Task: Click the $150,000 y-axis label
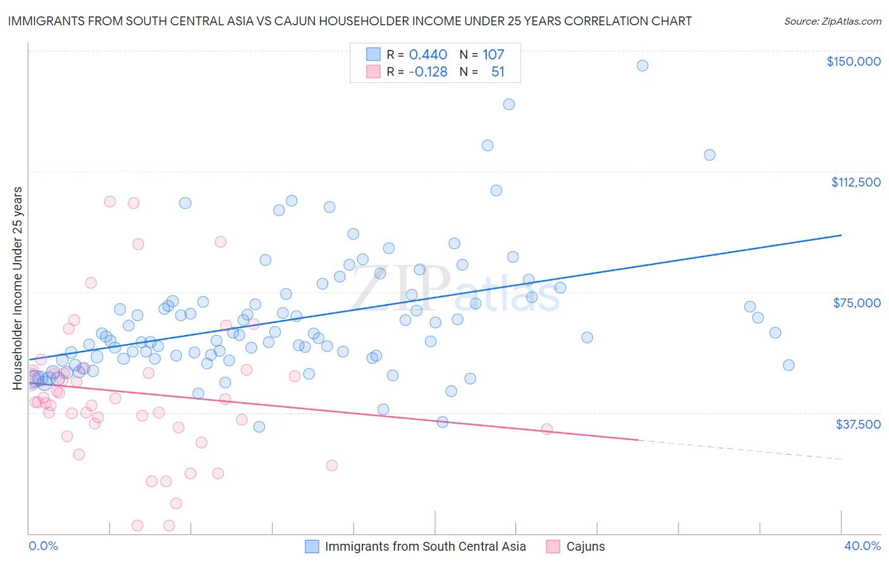pyautogui.click(x=853, y=61)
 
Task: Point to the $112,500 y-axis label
pyautogui.click(x=855, y=182)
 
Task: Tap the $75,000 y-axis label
pyautogui.click(x=857, y=303)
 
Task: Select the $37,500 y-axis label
pyautogui.click(x=858, y=424)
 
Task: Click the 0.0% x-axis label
pyautogui.click(x=43, y=546)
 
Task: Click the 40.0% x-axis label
pyautogui.click(x=862, y=546)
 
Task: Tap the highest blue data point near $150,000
pyautogui.click(x=642, y=66)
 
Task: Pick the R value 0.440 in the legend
pyautogui.click(x=428, y=55)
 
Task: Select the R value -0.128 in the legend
pyautogui.click(x=428, y=72)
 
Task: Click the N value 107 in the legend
pyautogui.click(x=493, y=55)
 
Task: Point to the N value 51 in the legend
pyautogui.click(x=498, y=72)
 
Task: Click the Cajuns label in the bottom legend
pyautogui.click(x=586, y=547)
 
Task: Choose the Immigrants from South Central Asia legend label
pyautogui.click(x=425, y=547)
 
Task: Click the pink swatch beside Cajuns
pyautogui.click(x=553, y=547)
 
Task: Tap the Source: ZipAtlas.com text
pyautogui.click(x=832, y=21)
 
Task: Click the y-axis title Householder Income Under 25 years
pyautogui.click(x=18, y=288)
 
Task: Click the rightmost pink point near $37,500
pyautogui.click(x=547, y=429)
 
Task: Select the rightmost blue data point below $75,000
pyautogui.click(x=788, y=365)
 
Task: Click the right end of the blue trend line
pyautogui.click(x=841, y=235)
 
